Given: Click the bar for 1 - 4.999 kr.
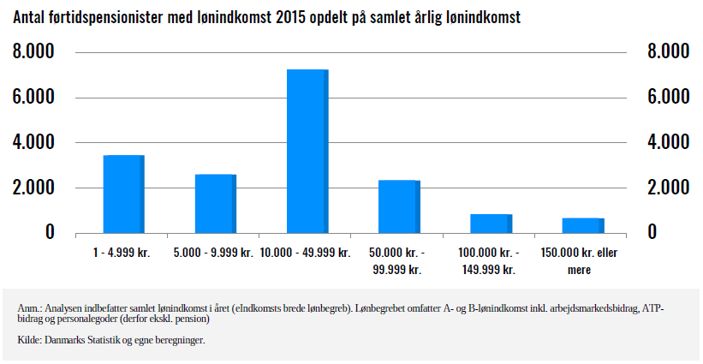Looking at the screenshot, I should point(123,194).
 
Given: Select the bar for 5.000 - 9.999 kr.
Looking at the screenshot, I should point(215,203).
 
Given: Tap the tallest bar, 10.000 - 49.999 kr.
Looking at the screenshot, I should point(307,151).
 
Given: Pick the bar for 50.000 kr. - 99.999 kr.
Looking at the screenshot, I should point(399,206).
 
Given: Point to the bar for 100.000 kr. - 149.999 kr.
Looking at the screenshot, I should point(491,223).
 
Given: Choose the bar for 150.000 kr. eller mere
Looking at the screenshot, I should point(583,224).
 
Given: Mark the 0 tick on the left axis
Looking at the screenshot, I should point(50,232).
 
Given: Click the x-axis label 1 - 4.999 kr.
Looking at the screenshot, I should point(123,254).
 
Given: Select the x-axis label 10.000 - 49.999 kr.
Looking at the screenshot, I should point(307,254).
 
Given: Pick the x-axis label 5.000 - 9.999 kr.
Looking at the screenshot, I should point(215,254).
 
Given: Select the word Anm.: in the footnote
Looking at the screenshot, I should point(30,308).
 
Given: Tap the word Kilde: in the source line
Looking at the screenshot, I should point(30,340).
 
